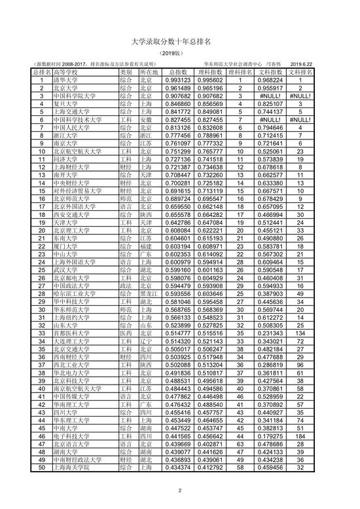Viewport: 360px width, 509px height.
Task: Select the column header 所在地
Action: pyautogui.click(x=149, y=71)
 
